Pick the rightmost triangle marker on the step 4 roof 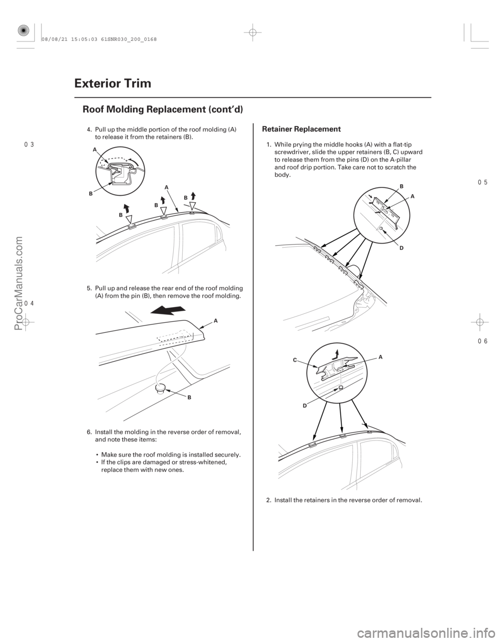(x=193, y=205)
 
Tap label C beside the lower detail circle (x=295, y=361)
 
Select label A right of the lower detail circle (x=379, y=355)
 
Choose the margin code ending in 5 (x=483, y=182)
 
